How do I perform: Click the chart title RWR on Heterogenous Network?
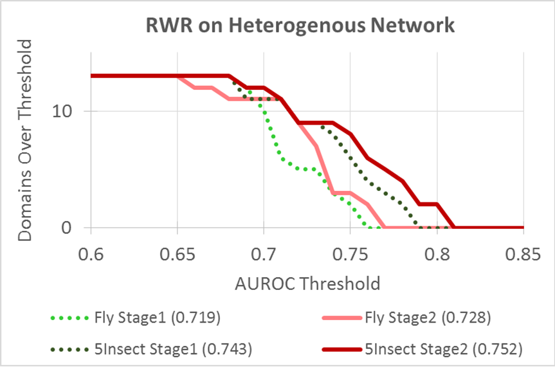click(300, 26)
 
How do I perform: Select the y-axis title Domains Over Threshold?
click(25, 141)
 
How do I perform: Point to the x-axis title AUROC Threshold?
click(307, 284)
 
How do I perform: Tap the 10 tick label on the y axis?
click(62, 111)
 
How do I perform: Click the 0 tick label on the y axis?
click(66, 228)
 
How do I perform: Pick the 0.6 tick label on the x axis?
click(91, 254)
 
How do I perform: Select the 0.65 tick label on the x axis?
click(177, 254)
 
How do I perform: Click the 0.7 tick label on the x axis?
click(264, 254)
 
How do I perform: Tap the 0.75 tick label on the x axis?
click(350, 254)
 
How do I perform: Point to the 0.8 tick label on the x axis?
click(437, 254)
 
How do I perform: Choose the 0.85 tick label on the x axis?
click(523, 254)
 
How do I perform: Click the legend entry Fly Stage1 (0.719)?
click(136, 318)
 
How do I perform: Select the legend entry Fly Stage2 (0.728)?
click(406, 318)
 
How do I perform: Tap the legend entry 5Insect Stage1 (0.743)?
click(151, 349)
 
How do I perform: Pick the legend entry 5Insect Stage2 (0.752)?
click(423, 349)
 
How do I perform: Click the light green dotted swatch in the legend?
click(69, 318)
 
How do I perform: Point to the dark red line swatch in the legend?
click(342, 350)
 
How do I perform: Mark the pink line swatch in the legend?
click(342, 318)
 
